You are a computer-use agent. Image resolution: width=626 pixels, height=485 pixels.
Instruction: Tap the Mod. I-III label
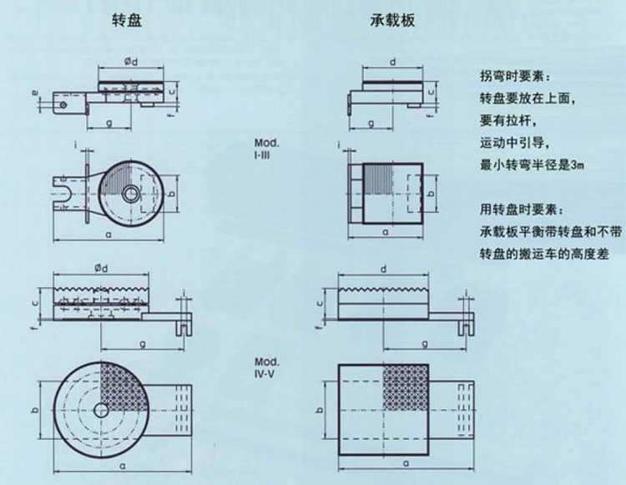pyautogui.click(x=265, y=148)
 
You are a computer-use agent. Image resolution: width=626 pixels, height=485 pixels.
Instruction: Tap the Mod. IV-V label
pyautogui.click(x=265, y=368)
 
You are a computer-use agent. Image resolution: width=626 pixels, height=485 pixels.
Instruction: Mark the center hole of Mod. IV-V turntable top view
pyautogui.click(x=101, y=410)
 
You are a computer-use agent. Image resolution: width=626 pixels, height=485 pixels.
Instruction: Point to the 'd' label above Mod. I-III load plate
pyautogui.click(x=391, y=61)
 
